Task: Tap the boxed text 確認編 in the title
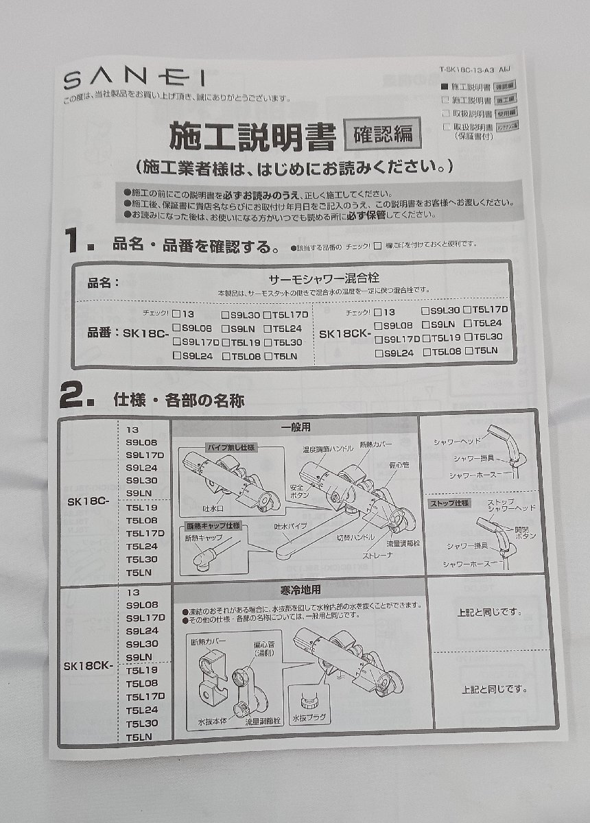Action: click(381, 134)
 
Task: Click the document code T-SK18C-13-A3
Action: click(467, 69)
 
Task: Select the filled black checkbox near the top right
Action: click(444, 87)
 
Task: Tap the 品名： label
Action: click(104, 283)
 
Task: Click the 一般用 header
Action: click(295, 427)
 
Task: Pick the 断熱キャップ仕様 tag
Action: click(213, 526)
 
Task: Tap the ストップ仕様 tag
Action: click(449, 503)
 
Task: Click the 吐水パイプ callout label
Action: click(290, 526)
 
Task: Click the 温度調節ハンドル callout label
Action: click(328, 449)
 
